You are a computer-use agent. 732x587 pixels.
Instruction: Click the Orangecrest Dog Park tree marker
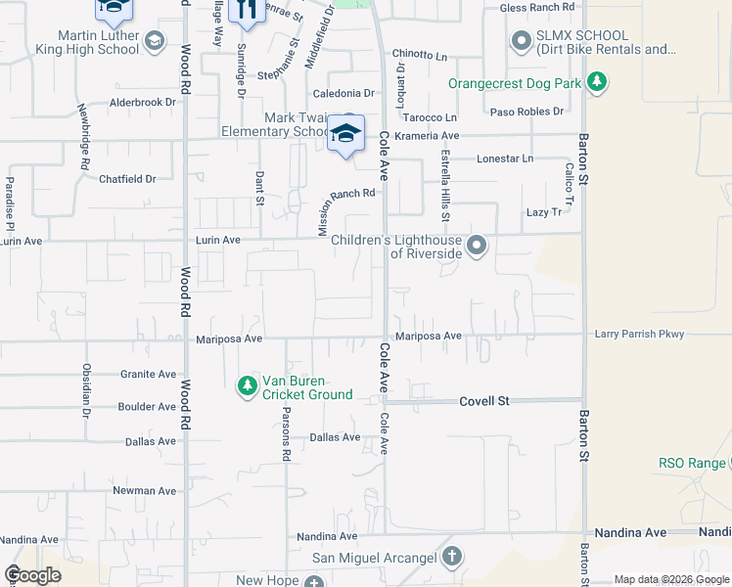[x=597, y=83]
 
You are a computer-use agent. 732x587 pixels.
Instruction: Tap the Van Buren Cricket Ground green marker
[x=247, y=387]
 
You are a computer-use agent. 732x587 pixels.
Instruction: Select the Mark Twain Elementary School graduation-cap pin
[x=345, y=134]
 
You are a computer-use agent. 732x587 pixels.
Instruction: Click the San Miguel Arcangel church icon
[x=451, y=558]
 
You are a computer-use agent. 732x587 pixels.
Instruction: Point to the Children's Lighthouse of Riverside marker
[x=477, y=246]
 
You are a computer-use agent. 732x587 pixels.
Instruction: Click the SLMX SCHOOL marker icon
[x=521, y=41]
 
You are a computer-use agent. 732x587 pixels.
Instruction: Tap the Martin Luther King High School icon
[x=154, y=41]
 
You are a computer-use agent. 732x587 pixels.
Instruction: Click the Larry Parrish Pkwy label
[x=639, y=335]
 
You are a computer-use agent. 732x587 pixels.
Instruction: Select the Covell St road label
[x=485, y=401]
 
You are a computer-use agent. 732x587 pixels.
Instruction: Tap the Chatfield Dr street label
[x=127, y=179]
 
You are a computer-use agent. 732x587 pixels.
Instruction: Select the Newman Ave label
[x=144, y=490]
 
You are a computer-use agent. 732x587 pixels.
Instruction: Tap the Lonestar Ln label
[x=505, y=158]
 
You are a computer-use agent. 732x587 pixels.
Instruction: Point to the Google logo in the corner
[x=32, y=575]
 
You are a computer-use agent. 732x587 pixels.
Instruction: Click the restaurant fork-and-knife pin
[x=247, y=12]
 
